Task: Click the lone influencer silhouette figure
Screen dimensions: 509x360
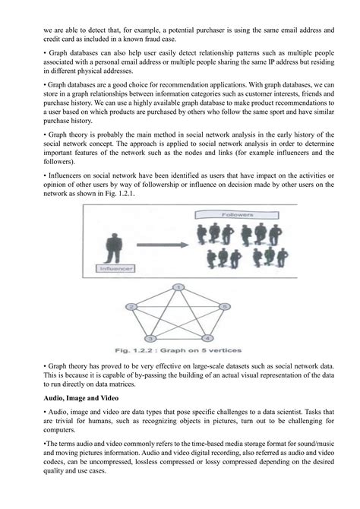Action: [114, 243]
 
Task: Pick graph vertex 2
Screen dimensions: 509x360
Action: [131, 306]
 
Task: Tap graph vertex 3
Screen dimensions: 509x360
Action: [151, 337]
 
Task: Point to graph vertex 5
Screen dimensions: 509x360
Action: [224, 306]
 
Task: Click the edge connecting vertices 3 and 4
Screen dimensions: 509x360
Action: [179, 337]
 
